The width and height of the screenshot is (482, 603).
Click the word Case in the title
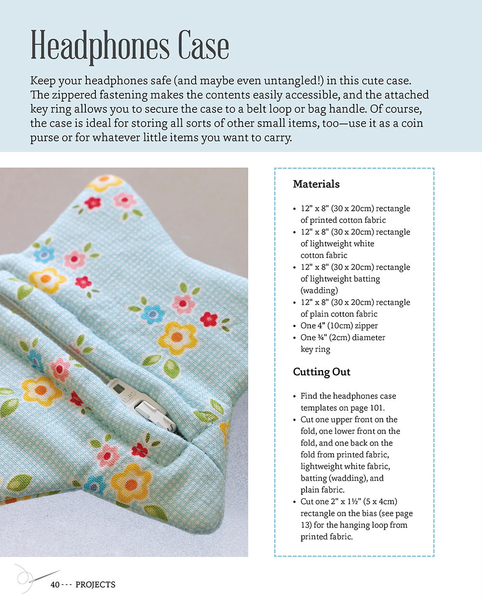pos(203,46)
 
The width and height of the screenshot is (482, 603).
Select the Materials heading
pos(316,184)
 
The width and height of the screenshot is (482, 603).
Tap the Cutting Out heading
pos(321,372)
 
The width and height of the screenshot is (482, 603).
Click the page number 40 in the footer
pos(55,585)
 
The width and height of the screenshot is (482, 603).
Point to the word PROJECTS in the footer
pos(95,585)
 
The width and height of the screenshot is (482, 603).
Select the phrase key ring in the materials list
pos(315,349)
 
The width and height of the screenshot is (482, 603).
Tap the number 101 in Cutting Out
pos(376,408)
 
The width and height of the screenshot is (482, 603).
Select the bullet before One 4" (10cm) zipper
pos(295,326)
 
